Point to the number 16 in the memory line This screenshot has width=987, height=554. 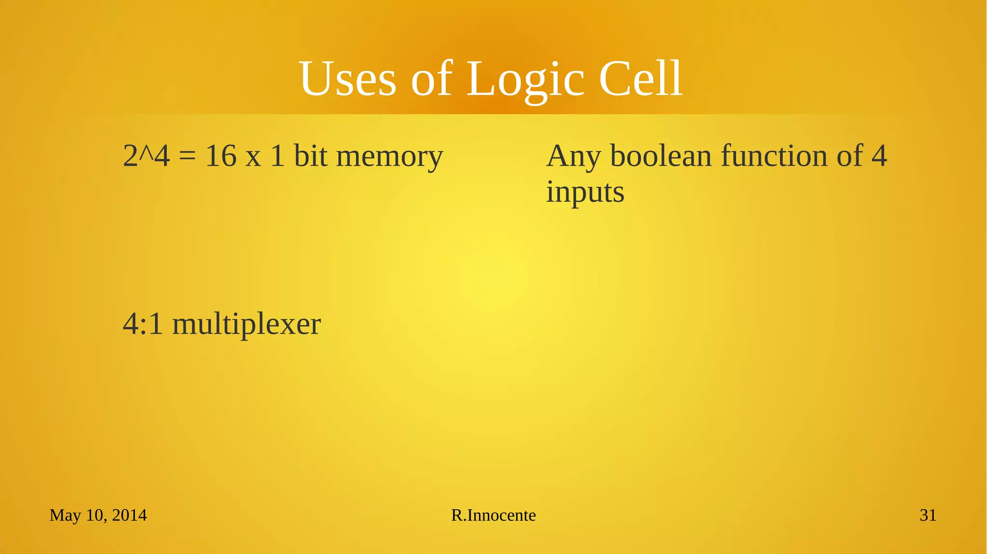[221, 157]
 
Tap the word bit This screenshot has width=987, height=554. [310, 157]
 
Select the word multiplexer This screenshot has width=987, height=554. [246, 324]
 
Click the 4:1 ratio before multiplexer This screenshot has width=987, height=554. [143, 324]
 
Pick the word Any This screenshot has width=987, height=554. [574, 157]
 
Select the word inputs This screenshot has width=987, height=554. [585, 192]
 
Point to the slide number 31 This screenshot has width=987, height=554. [928, 515]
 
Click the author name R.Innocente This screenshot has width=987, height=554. [493, 515]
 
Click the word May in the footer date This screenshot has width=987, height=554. [65, 515]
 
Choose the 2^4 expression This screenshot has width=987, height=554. [147, 157]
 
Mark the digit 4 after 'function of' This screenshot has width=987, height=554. [879, 157]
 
